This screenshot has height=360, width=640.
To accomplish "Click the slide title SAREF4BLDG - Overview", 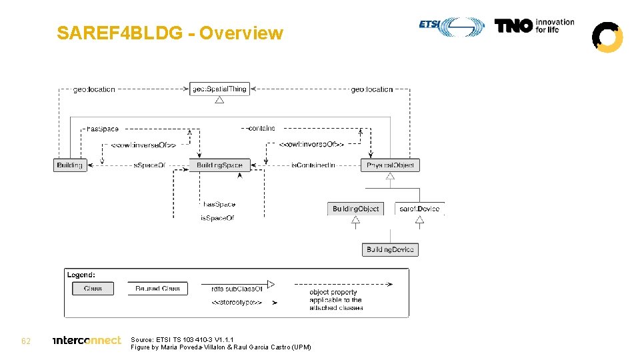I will coord(170,33).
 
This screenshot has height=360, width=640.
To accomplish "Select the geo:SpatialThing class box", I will coord(219,89).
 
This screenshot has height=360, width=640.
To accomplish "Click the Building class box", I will coord(70,165).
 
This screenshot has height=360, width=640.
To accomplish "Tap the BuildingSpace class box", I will coord(220,165).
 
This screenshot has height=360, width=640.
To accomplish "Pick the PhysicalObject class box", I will coord(390,165).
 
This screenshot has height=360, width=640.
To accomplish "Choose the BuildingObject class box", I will coord(356,209).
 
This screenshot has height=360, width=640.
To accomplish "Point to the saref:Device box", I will coord(419,209).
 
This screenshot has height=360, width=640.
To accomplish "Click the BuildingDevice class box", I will coord(390,249).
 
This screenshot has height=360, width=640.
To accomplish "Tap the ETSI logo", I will coord(452,26).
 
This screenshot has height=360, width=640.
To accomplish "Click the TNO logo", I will coord(534,26).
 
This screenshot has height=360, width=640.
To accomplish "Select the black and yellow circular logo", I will coord(607,37).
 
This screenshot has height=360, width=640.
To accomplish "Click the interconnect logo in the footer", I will coord(87,340).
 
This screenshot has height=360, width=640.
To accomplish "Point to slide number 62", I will coord(26,341).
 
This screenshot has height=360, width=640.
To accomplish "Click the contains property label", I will coord(261,128).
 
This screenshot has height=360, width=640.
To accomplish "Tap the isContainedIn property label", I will coord(313,165).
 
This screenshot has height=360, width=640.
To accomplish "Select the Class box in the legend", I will coord(93,289).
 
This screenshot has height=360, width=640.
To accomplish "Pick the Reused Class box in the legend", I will coord(157,289).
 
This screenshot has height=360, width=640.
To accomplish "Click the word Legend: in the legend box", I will coord(81,274).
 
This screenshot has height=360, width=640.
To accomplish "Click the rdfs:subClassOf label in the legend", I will coord(227,289).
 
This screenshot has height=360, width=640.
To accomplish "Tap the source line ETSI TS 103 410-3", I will coord(182,339).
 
